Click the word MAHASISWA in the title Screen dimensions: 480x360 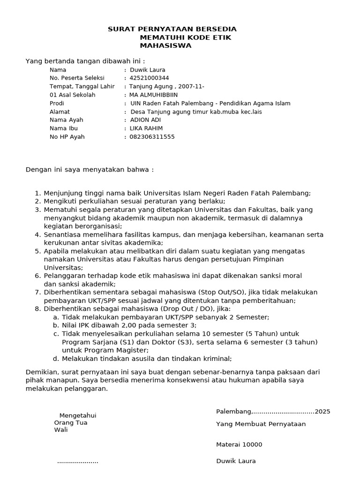pos(165,45)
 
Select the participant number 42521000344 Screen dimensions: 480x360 pos(149,78)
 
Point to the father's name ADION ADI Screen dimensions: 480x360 pos(145,120)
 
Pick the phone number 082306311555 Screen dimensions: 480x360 pos(152,137)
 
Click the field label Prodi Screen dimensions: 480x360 pos(57,103)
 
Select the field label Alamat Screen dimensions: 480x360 pos(60,112)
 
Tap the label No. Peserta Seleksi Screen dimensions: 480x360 pos(77,78)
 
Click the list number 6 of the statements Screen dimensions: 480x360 pos(37,276)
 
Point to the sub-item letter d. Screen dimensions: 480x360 pos(56,359)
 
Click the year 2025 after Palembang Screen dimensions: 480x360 pos(322,412)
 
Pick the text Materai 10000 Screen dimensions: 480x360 pos(239,444)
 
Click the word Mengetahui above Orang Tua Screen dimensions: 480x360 pos(78,415)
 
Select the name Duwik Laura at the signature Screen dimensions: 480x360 pos(236,461)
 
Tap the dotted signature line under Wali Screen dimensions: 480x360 pos(78,462)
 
